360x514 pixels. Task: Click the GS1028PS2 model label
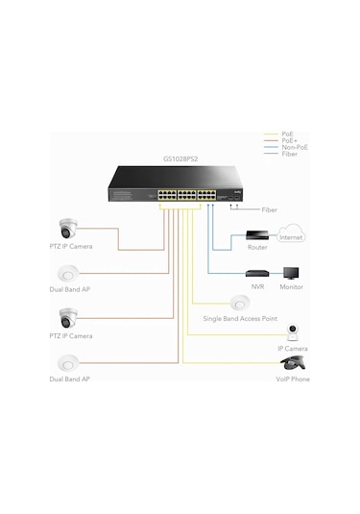[181, 159]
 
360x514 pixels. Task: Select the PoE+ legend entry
[289, 140]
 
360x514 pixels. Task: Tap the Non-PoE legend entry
[294, 148]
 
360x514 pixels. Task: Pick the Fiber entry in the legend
[288, 156]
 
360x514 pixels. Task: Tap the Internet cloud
[290, 234]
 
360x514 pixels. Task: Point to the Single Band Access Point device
[239, 303]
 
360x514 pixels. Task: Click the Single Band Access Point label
[239, 318]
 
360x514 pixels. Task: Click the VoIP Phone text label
[292, 380]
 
